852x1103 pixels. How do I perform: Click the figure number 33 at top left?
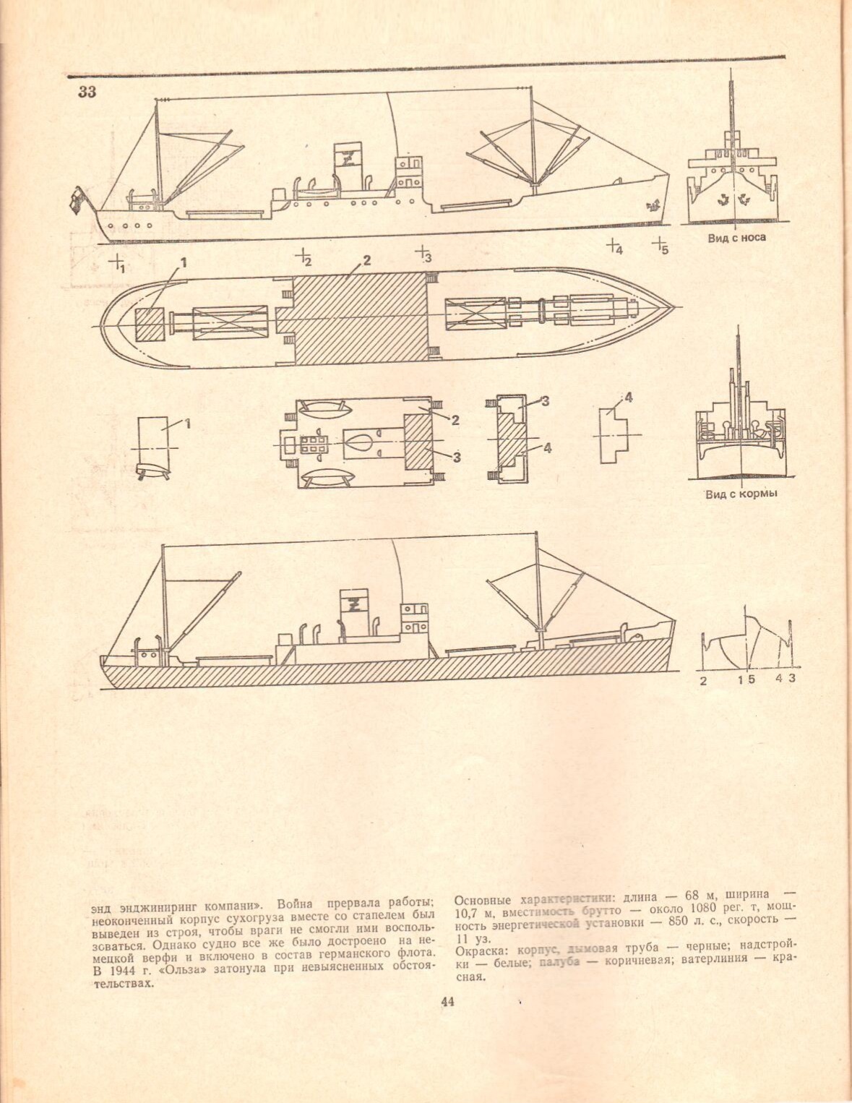[x=87, y=92]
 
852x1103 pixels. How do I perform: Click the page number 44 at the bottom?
[x=447, y=1002]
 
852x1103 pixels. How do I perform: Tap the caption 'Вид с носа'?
[x=736, y=237]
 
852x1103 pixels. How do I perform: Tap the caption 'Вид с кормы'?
[x=741, y=494]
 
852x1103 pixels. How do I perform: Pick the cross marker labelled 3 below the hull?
[x=421, y=252]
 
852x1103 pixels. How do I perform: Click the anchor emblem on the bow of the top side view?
[x=654, y=205]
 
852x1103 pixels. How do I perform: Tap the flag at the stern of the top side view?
[x=77, y=199]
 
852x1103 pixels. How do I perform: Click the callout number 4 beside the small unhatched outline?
[x=628, y=397]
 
